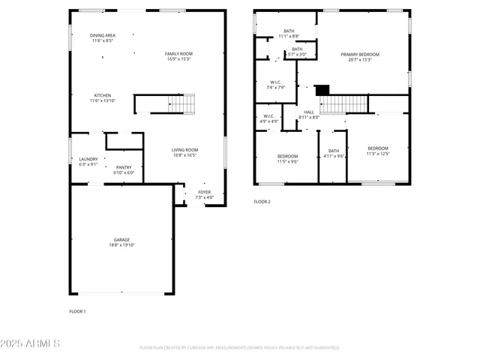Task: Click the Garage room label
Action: tap(121, 242)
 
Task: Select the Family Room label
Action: tap(179, 56)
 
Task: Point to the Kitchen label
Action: tap(103, 97)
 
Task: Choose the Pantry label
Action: tap(123, 169)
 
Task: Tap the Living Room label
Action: tap(184, 152)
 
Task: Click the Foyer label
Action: tap(204, 195)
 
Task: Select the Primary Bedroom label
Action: tap(359, 57)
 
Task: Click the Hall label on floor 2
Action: tap(309, 114)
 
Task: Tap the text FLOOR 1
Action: tap(77, 310)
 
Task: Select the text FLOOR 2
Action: tap(262, 202)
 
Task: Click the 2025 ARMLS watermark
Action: tap(31, 343)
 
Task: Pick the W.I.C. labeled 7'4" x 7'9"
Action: tap(275, 85)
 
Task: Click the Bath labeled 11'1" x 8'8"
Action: tap(289, 34)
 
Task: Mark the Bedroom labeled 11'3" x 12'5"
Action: tap(377, 151)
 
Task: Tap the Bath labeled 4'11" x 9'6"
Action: tap(334, 154)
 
